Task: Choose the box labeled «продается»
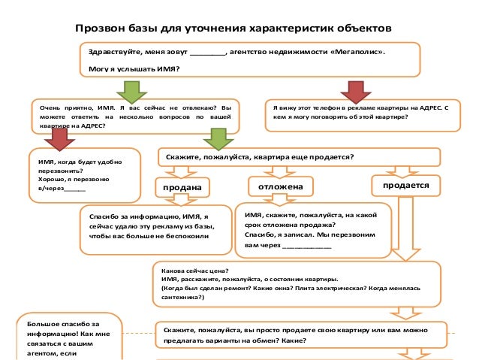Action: pyautogui.click(x=405, y=184)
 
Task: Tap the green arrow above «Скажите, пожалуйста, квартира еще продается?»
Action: pyautogui.click(x=219, y=138)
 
